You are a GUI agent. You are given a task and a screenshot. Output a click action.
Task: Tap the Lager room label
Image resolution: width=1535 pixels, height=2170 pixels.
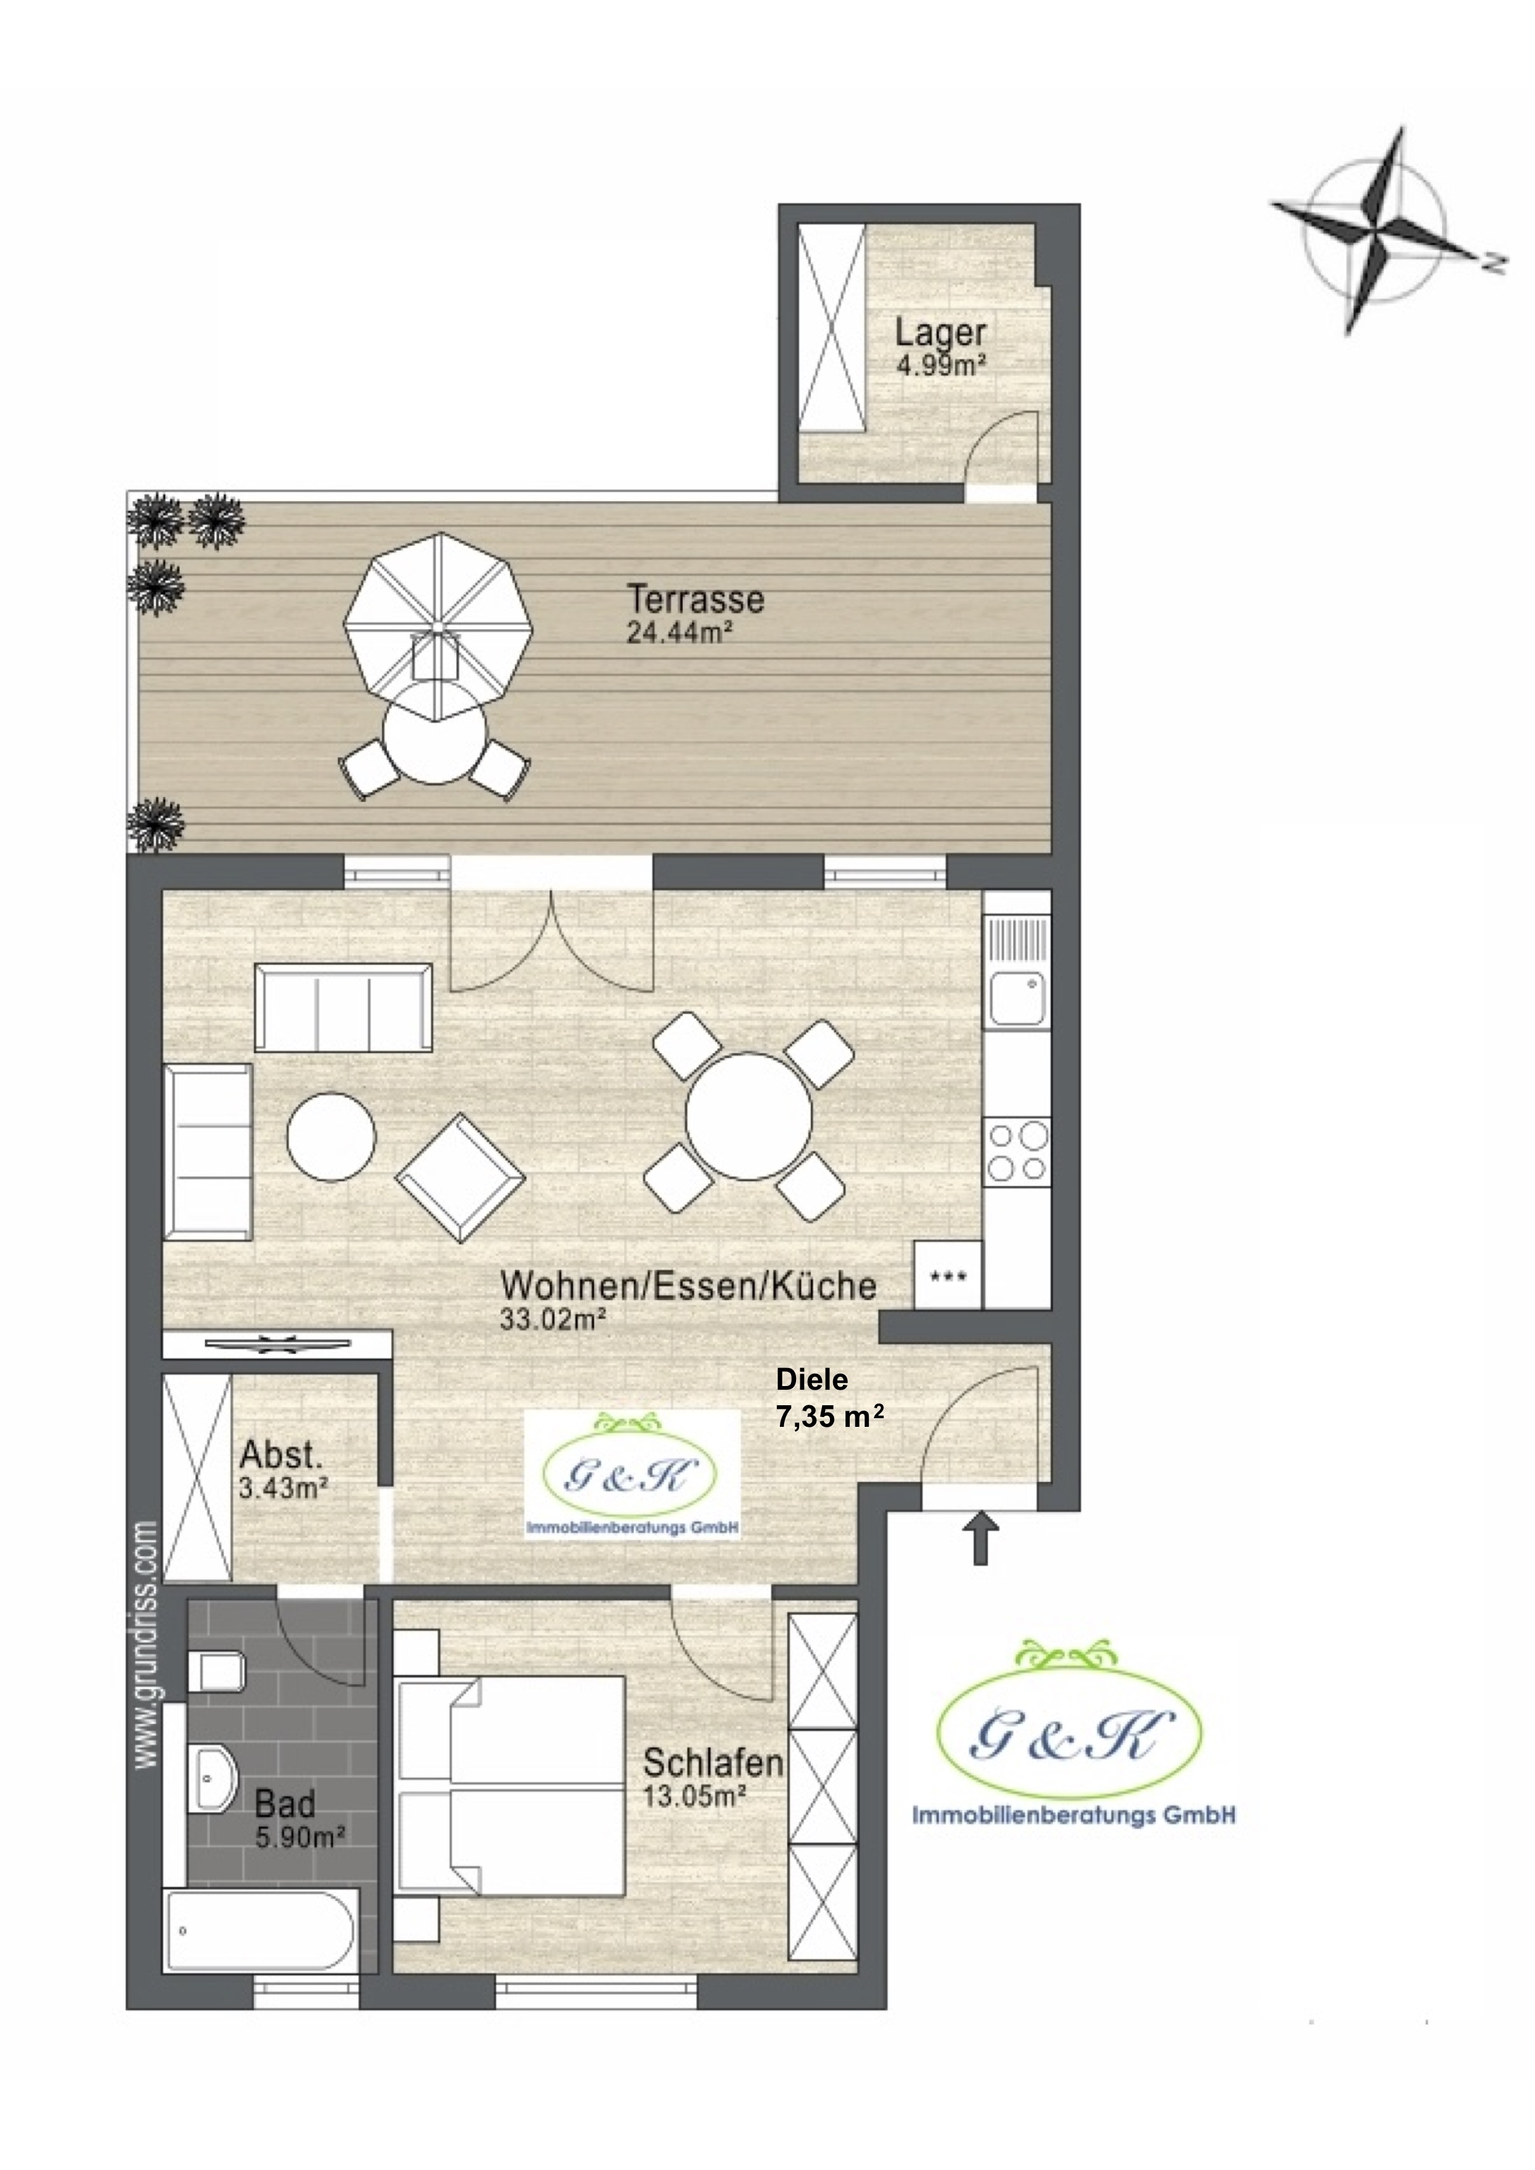[x=940, y=333]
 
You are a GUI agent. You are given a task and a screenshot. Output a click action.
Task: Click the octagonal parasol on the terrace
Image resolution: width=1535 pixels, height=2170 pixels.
[x=438, y=627]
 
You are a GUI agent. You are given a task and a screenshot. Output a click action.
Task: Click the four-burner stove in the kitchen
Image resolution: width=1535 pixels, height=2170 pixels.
[x=1017, y=1150]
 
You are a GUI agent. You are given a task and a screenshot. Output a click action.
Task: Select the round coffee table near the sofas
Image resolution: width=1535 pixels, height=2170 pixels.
[x=331, y=1136]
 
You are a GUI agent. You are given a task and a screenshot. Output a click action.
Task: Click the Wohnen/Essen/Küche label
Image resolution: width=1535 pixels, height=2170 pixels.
[x=688, y=1285]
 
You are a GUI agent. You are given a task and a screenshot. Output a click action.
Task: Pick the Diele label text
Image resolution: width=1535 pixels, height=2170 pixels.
[x=812, y=1379]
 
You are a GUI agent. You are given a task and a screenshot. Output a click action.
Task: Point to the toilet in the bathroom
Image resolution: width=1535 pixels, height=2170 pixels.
[x=218, y=1673]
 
